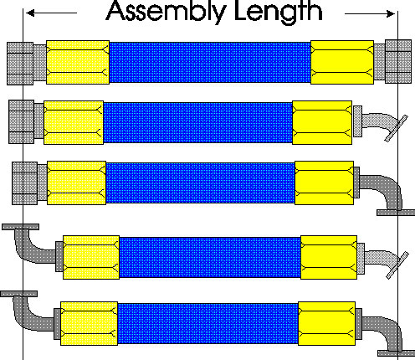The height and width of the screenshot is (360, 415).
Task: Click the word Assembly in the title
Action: click(x=166, y=12)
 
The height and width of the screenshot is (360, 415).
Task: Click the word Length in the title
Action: click(x=279, y=12)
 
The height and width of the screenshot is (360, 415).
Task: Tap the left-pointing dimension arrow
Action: click(x=51, y=13)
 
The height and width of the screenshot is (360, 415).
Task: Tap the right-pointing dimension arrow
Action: click(x=370, y=13)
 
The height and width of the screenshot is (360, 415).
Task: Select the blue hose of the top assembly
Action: click(x=210, y=63)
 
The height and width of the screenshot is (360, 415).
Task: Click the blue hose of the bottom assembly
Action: click(x=207, y=323)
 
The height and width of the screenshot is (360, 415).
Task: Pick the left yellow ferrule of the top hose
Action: click(x=78, y=62)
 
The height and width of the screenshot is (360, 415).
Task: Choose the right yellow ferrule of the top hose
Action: click(x=342, y=62)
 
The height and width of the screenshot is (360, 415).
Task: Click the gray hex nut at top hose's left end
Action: click(x=20, y=64)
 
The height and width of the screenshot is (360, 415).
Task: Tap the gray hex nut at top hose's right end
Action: click(x=398, y=62)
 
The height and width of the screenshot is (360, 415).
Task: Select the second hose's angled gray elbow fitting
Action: click(x=381, y=123)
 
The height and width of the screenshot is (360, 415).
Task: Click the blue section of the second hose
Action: click(x=197, y=123)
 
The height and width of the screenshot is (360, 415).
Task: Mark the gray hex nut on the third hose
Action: click(x=24, y=183)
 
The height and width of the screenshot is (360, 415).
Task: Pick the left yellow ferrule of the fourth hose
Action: click(x=91, y=257)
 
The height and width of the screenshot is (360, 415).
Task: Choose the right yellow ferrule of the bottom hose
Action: click(x=327, y=323)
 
